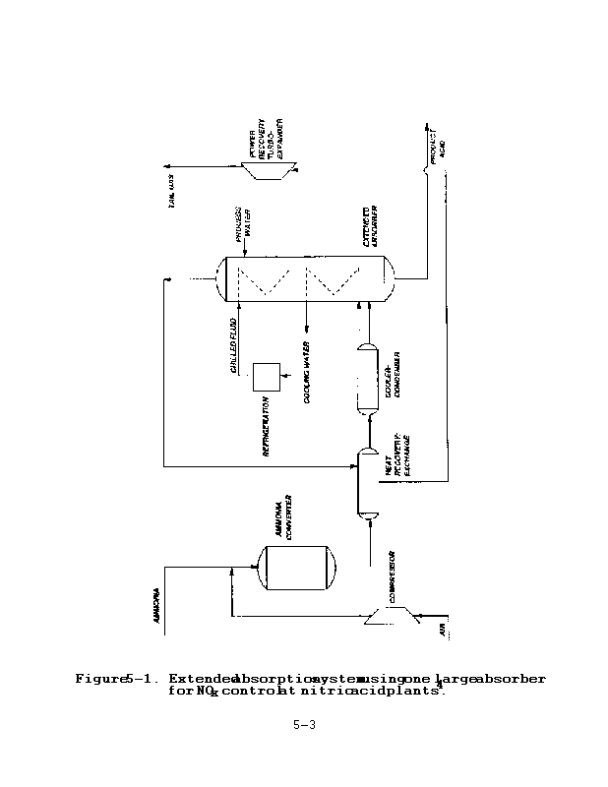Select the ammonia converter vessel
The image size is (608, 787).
click(296, 568)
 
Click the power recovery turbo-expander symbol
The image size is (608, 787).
click(265, 170)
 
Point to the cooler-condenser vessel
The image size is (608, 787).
click(367, 380)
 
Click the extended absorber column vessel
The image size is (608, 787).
click(306, 279)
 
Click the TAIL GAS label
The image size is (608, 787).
click(174, 201)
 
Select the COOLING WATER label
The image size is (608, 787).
click(308, 379)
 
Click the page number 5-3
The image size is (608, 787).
click(303, 726)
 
